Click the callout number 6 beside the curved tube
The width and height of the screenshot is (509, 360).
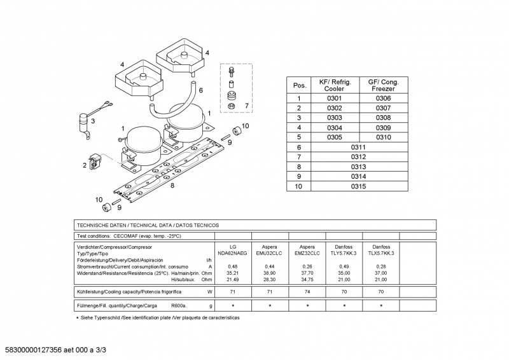[200, 90]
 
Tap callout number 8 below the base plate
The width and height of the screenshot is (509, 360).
[172, 186]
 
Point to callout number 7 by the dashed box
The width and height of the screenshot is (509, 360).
[247, 105]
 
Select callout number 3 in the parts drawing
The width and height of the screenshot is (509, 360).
[93, 120]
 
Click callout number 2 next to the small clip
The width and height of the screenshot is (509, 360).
[84, 165]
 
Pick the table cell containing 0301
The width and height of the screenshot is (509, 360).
[334, 99]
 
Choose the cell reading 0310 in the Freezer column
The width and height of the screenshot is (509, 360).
[383, 137]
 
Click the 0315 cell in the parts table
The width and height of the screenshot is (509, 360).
[358, 186]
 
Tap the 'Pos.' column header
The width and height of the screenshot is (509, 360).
[299, 85]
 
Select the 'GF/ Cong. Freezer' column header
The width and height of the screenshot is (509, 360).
[383, 85]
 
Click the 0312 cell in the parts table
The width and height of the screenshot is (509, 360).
[358, 156]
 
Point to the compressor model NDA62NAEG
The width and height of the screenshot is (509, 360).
[233, 253]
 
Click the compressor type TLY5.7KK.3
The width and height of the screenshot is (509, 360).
[344, 253]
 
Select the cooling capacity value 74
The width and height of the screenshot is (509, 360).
[307, 291]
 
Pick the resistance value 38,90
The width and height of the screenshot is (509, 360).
[270, 272]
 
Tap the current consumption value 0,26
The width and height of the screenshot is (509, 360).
[307, 266]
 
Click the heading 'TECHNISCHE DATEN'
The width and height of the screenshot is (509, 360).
[102, 225]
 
